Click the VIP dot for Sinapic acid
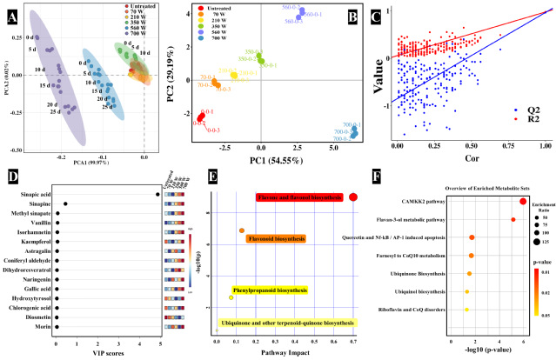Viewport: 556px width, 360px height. coord(157,194)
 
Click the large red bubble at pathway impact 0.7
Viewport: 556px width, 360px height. coord(353,197)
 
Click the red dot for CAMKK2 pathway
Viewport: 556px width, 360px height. coord(523,202)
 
